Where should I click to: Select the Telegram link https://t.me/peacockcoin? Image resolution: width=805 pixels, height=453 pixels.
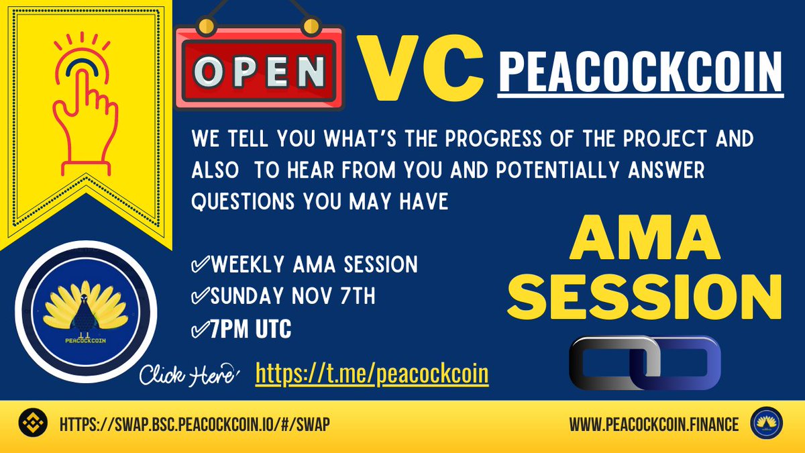click(372, 374)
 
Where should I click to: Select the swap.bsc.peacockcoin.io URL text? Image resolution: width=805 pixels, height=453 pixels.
click(195, 424)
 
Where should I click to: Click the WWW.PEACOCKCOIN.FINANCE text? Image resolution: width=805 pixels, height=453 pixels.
click(654, 424)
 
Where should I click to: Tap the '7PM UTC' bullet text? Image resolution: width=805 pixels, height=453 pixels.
click(241, 330)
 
